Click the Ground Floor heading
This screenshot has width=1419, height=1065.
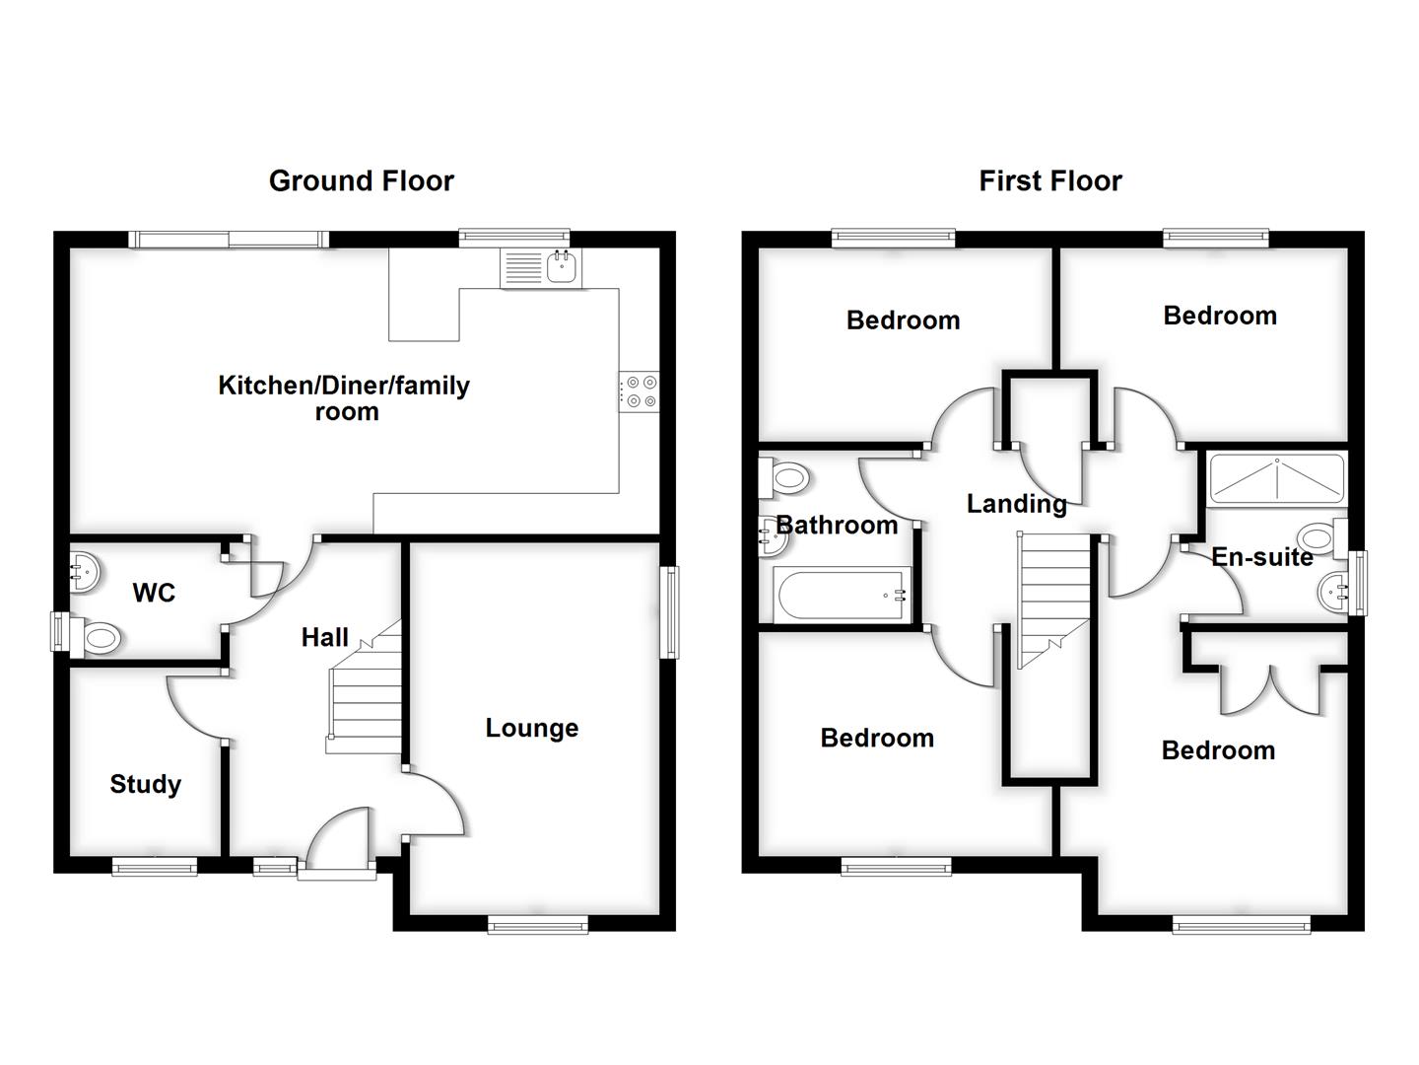pyautogui.click(x=361, y=180)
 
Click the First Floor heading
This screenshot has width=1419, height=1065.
pyautogui.click(x=1049, y=180)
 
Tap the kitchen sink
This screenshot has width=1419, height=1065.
pyautogui.click(x=541, y=267)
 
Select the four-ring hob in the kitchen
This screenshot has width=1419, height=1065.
pyautogui.click(x=640, y=391)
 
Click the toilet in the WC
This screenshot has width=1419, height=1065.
pyautogui.click(x=97, y=637)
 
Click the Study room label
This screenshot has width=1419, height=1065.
pyautogui.click(x=145, y=784)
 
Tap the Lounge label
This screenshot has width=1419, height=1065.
pyautogui.click(x=531, y=728)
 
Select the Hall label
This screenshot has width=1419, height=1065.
pyautogui.click(x=324, y=637)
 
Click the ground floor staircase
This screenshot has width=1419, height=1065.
pyautogui.click(x=366, y=690)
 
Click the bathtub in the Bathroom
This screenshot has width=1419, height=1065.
pyautogui.click(x=843, y=596)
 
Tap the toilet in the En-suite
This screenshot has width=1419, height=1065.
pyautogui.click(x=1320, y=538)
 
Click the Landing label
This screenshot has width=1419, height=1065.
pyautogui.click(x=1016, y=504)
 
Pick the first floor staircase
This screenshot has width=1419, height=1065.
pyautogui.click(x=1054, y=602)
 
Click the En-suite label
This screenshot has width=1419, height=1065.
pyautogui.click(x=1261, y=557)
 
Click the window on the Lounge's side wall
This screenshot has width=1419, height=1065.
pyautogui.click(x=670, y=611)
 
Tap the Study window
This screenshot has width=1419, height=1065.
pyautogui.click(x=154, y=866)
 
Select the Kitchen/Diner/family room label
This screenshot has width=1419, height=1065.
pyautogui.click(x=344, y=397)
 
